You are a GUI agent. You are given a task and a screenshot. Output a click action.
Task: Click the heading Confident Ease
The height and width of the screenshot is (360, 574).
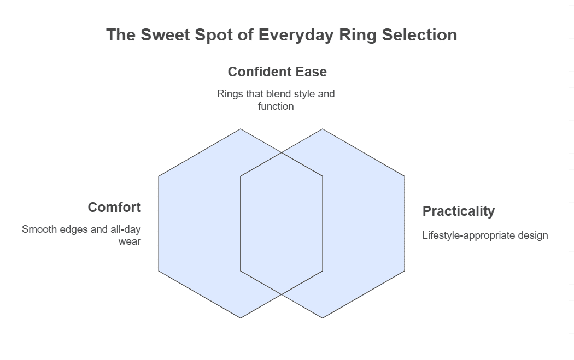(x=277, y=72)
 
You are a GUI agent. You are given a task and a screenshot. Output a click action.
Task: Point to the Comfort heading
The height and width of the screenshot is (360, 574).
(x=114, y=208)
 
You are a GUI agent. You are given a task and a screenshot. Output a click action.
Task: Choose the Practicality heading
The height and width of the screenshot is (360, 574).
(x=458, y=211)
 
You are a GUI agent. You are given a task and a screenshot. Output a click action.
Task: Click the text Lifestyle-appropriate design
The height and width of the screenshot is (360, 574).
(x=485, y=235)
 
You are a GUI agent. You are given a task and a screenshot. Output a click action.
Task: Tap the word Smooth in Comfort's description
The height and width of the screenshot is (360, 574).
(x=39, y=229)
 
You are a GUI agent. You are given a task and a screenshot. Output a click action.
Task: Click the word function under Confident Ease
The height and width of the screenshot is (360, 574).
(x=276, y=107)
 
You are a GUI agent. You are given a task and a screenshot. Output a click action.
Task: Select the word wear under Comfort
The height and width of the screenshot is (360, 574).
(x=130, y=241)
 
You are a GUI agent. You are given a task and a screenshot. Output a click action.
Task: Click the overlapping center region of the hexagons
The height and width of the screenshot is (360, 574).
(x=282, y=223)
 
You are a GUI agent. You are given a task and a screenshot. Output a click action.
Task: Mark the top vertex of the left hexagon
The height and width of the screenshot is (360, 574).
(x=241, y=129)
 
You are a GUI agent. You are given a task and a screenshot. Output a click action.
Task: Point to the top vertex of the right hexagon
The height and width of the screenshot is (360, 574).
(x=323, y=129)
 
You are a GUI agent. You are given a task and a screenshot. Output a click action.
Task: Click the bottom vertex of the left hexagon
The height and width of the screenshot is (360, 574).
(x=241, y=318)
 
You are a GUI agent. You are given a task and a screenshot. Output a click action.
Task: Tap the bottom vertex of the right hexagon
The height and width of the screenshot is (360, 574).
(x=323, y=318)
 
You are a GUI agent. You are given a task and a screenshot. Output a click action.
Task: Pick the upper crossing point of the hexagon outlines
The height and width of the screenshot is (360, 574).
(x=282, y=153)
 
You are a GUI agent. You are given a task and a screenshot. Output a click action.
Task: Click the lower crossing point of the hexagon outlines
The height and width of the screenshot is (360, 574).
(x=282, y=294)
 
